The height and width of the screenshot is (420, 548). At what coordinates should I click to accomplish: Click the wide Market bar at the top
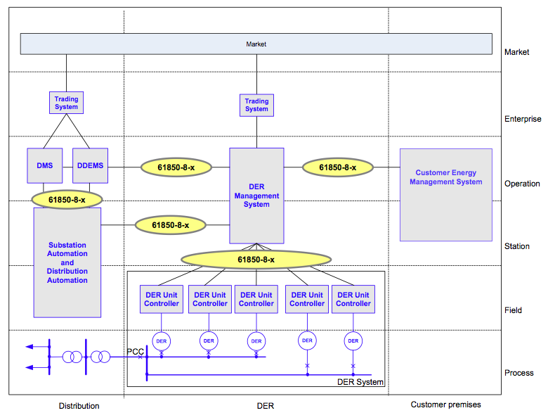(256, 44)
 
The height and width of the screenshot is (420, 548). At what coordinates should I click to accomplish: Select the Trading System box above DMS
(67, 103)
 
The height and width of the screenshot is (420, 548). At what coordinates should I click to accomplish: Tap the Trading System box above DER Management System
(256, 106)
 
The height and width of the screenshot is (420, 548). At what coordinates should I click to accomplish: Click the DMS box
(45, 167)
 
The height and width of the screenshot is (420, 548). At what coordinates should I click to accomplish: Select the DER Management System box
(256, 196)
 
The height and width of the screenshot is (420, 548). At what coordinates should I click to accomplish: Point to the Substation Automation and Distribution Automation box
(67, 262)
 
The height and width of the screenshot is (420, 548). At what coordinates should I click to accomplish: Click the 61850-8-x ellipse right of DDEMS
(176, 167)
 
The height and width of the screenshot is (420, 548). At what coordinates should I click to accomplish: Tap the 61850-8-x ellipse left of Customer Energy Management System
(338, 167)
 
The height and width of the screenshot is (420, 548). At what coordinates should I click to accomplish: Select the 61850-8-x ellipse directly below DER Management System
(256, 260)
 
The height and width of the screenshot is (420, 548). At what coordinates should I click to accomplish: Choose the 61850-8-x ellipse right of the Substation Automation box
(171, 225)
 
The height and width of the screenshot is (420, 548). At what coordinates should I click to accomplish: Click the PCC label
(135, 351)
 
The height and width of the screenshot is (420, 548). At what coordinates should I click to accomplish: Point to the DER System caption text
(360, 382)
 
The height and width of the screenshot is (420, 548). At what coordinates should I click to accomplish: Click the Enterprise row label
(523, 120)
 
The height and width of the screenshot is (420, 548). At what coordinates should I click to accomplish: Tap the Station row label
(517, 246)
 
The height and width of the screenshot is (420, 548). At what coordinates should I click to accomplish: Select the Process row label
(519, 373)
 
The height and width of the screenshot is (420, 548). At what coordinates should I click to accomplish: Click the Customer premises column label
(445, 405)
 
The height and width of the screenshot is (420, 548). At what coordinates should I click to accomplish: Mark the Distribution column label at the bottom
(79, 406)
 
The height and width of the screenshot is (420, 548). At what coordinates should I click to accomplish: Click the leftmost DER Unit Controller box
(162, 299)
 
